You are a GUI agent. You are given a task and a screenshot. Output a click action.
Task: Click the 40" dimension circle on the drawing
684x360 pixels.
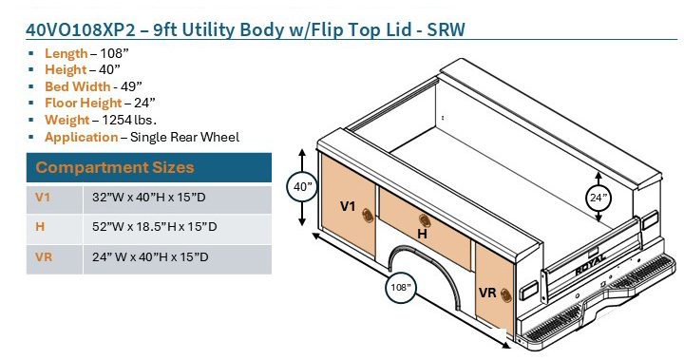(x=303, y=187)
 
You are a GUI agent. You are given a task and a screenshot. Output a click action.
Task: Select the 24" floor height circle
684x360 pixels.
(x=598, y=198)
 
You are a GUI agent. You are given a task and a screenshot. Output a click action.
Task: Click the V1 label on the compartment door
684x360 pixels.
(x=348, y=205)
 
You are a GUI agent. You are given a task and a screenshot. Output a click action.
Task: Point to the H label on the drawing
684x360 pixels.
(x=421, y=233)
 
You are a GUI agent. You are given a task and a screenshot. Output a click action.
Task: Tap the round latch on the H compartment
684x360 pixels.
(x=422, y=220)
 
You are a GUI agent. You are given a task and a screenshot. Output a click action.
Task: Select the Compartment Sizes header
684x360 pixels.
(x=115, y=168)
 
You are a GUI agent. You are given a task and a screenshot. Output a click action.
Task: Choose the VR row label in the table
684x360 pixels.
(x=45, y=256)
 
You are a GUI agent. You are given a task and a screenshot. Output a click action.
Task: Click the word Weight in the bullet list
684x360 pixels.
(x=66, y=120)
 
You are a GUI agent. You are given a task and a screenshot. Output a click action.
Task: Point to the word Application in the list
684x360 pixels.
(x=81, y=137)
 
